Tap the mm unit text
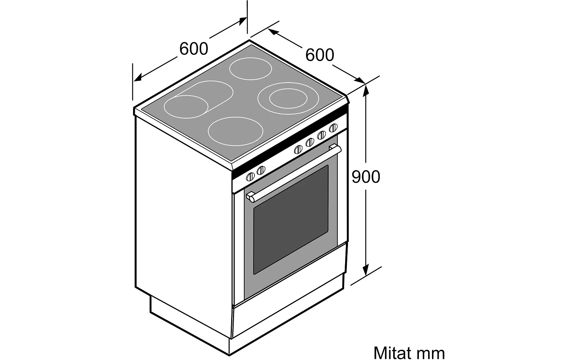coord(431,353)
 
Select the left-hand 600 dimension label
coord(194,48)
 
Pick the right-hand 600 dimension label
coord(319,55)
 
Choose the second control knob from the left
coord(260,171)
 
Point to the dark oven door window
coord(291,219)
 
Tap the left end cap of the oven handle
coord(251,197)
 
